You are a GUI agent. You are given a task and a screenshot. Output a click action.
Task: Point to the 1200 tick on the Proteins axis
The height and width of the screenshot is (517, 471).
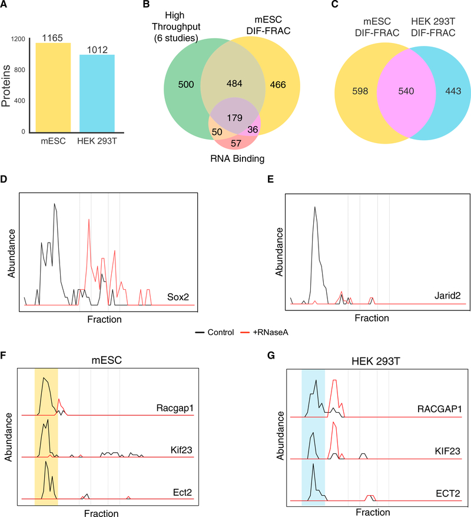pyautogui.click(x=19, y=39)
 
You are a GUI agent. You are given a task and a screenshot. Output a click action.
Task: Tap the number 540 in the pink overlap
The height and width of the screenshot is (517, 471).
pyautogui.click(x=391, y=92)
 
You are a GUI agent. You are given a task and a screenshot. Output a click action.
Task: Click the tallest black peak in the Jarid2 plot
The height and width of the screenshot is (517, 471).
pyautogui.click(x=315, y=207)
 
